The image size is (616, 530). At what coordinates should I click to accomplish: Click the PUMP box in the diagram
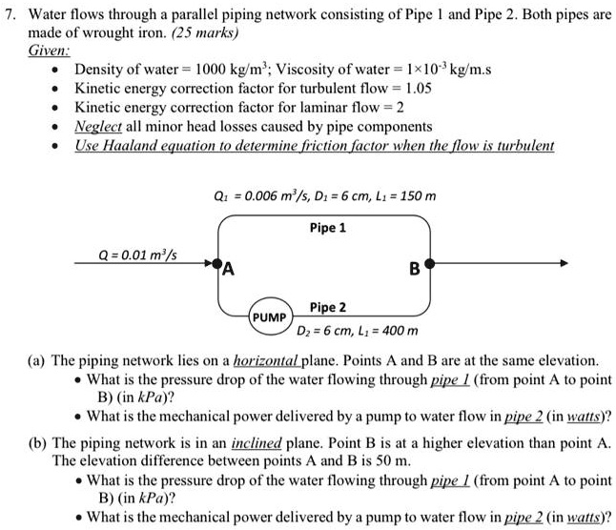[x=270, y=314]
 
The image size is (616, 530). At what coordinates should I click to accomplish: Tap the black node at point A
[x=218, y=262]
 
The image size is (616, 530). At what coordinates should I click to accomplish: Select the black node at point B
[x=432, y=262]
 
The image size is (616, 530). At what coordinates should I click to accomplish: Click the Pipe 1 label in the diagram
[x=328, y=229]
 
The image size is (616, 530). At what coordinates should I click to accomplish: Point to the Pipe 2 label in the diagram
[x=328, y=307]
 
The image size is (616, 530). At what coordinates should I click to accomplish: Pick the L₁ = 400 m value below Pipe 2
[x=387, y=331]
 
